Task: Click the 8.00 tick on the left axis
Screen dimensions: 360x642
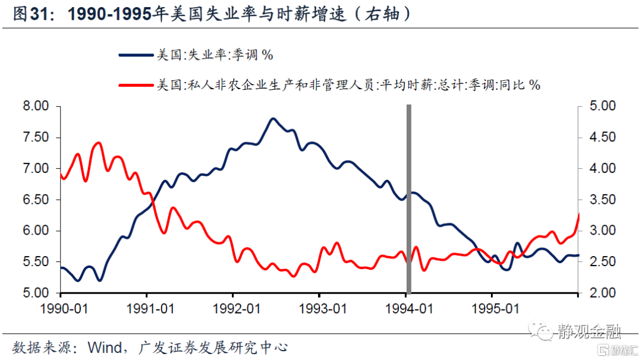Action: click(34, 106)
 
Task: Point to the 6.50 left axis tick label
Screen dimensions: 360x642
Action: click(34, 200)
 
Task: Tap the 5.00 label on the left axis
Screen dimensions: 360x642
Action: click(34, 293)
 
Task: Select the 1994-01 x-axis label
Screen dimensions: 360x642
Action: click(407, 310)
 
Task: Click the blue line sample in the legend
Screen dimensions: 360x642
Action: click(136, 56)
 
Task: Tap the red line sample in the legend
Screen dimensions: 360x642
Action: click(136, 86)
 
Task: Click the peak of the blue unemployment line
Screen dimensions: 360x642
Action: click(273, 118)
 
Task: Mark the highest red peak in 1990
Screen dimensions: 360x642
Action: click(99, 143)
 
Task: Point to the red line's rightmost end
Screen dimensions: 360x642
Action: click(578, 213)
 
